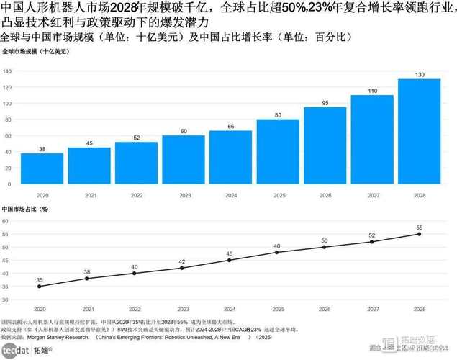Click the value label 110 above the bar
point(372,91)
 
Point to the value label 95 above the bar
point(325,103)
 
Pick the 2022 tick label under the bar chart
point(136,194)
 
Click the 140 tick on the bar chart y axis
point(6,71)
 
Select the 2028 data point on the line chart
point(419,234)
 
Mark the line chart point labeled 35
point(40,286)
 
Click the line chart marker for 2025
point(277,252)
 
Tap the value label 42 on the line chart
point(182,261)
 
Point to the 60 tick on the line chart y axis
point(6,221)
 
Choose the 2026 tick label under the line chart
point(325,307)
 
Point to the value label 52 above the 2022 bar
point(136,138)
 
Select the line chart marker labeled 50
point(325,247)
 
